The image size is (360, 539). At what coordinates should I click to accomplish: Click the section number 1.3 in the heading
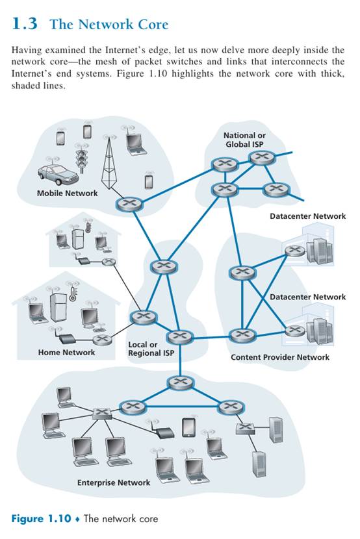point(25,24)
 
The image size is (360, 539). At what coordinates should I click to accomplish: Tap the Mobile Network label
point(68,193)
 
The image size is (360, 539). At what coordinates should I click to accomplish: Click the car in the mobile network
point(57,174)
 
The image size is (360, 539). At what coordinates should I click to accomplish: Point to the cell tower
point(109,162)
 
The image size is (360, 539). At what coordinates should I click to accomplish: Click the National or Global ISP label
point(244,140)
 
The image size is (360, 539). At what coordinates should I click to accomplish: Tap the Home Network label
point(66,353)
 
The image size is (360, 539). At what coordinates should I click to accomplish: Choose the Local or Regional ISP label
point(151,349)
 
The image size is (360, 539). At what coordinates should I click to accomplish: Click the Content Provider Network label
point(280,357)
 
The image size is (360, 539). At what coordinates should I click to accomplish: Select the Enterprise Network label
point(114,483)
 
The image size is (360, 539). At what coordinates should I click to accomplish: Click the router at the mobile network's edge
point(129,203)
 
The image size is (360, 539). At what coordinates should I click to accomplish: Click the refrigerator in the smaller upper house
point(78,238)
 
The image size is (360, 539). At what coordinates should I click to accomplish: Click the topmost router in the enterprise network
point(181,382)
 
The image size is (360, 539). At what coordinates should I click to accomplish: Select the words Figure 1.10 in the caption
point(41,518)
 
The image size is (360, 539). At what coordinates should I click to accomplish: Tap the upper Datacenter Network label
point(308,216)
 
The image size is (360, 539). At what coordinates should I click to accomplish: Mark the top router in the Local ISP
point(164,266)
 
